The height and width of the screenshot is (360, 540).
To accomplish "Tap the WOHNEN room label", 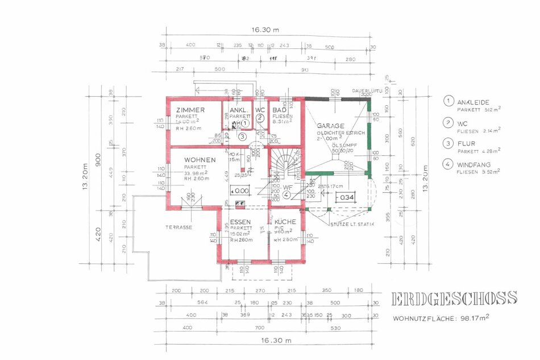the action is click(196, 160).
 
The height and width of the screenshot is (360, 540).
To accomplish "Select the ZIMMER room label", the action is click(190, 110).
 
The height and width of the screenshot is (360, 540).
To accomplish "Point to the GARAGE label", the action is click(329, 125).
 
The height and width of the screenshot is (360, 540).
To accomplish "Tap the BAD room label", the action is click(279, 110).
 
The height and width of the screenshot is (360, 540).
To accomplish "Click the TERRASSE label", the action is click(178, 227).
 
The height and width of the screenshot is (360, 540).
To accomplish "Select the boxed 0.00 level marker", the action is click(239, 191).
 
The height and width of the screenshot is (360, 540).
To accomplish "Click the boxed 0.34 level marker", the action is click(346, 197).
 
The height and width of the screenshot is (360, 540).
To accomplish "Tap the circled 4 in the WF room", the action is click(286, 195).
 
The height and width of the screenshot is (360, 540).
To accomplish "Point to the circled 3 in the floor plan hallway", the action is click(242, 136).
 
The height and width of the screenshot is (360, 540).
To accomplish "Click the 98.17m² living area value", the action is click(474, 318).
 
